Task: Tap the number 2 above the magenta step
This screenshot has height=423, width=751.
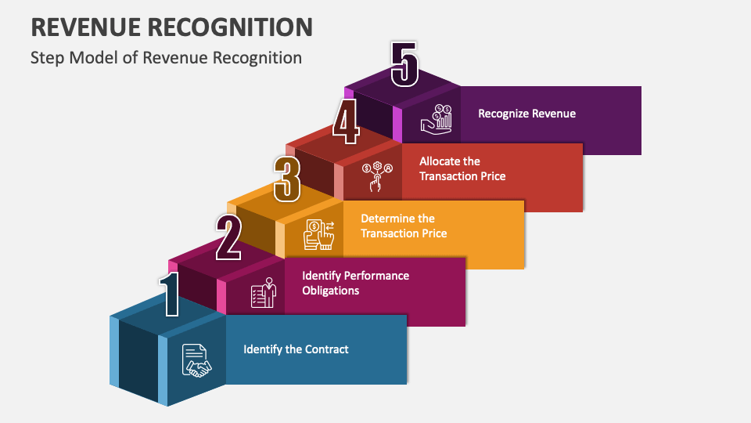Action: click(x=228, y=237)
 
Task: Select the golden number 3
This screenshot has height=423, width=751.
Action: click(x=287, y=179)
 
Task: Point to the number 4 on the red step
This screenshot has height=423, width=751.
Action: click(x=346, y=122)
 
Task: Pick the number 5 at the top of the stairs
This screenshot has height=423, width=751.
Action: click(x=404, y=64)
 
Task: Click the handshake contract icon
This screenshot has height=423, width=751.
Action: click(x=196, y=360)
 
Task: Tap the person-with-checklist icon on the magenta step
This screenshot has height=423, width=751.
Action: click(x=264, y=292)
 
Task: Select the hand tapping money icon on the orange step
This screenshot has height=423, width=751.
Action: click(x=319, y=234)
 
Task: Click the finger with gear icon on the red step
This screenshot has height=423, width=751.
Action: click(x=377, y=176)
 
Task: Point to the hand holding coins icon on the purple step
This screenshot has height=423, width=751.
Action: click(x=437, y=119)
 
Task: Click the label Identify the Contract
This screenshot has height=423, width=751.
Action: click(x=296, y=349)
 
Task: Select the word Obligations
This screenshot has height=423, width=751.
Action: click(x=330, y=291)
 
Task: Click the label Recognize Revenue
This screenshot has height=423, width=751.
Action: click(x=526, y=114)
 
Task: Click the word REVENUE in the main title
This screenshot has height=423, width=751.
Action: click(x=86, y=27)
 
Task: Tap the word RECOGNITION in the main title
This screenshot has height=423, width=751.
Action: click(x=230, y=27)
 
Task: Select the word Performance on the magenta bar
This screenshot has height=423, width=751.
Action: click(x=376, y=276)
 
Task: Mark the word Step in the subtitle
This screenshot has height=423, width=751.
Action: click(x=48, y=58)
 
